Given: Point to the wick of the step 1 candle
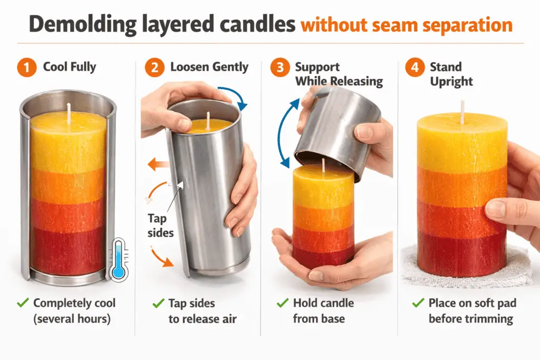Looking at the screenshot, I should [x=69, y=110].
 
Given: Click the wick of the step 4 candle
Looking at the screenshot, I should [x=462, y=108].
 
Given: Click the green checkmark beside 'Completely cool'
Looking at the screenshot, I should [x=22, y=303].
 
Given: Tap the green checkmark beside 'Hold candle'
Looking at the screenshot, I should [x=282, y=303].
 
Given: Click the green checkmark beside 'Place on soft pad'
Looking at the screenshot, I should [x=418, y=303].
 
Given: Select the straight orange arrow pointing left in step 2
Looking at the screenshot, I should [x=158, y=165].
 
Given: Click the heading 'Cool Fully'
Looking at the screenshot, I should [x=70, y=67].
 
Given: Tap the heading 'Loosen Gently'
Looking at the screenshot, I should [x=209, y=67].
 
